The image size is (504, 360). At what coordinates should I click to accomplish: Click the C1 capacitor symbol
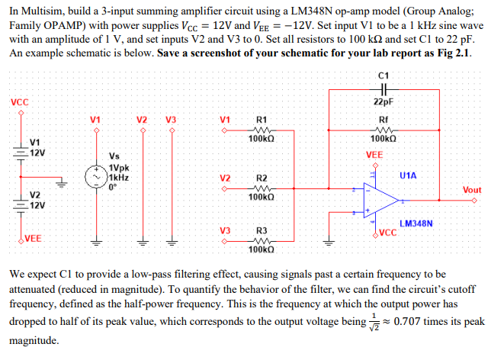coord(383,88)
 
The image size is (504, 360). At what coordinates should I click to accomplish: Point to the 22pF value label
coord(383,102)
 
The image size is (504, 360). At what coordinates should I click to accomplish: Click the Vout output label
coord(472,190)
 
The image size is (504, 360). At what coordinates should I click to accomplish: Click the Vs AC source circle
coord(96,175)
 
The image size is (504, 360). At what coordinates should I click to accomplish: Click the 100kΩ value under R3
coord(261,249)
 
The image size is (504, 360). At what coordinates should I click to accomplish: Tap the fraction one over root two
coord(374,322)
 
